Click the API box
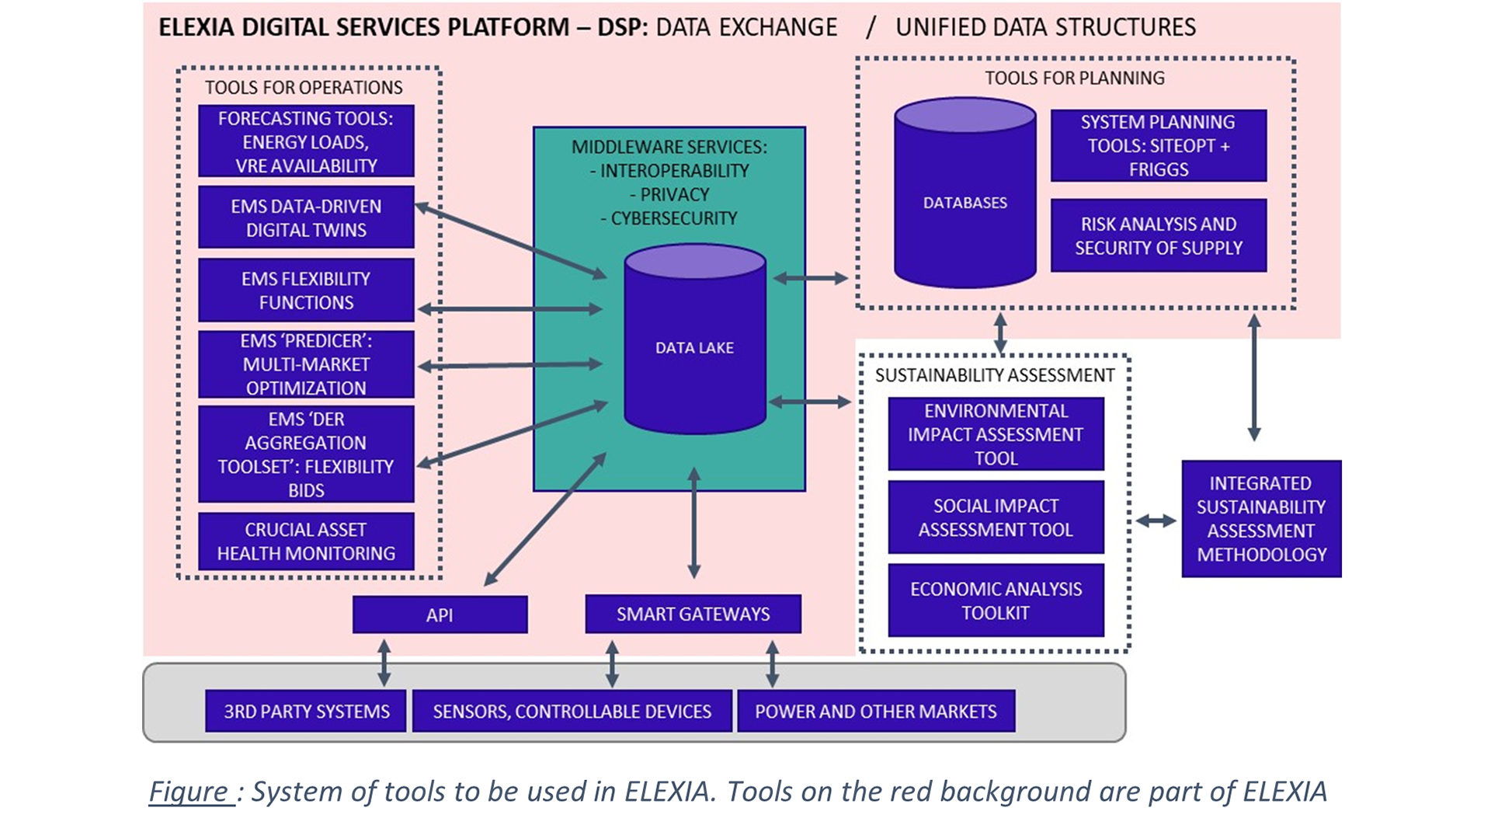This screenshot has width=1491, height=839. pos(440,614)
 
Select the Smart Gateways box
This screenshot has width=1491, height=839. pos(693,614)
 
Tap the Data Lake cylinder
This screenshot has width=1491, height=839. pos(695,347)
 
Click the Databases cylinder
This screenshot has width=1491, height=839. pos(964,202)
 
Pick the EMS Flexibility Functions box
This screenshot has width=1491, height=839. pos(306,291)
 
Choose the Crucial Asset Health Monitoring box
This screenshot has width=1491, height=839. pos(306,541)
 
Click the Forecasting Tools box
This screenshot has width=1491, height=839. pos(306,141)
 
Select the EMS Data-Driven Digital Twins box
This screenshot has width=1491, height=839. pos(306,218)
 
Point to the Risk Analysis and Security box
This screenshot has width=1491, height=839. pos(1158,235)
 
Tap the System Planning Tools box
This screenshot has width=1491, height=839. pos(1158,145)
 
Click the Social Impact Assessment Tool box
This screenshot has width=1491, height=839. pos(996,517)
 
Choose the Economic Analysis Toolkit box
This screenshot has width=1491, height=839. pos(996,601)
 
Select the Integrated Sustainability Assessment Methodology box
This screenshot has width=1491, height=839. pos(1261,519)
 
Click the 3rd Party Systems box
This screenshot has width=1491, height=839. pos(306,711)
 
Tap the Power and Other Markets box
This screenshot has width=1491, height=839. pos(875,711)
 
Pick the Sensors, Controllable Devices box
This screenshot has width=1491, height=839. pos(572,711)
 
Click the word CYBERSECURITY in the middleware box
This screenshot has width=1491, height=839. pos(674,218)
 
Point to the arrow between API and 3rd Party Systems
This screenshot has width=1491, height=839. pos(384,663)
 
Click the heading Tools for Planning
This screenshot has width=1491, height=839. pos(1075,78)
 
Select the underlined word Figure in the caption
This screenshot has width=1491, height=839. pos(190,792)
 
